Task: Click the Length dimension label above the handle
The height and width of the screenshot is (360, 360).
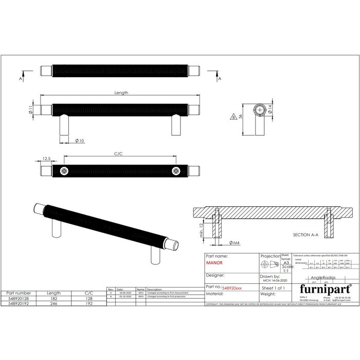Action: click(121, 93)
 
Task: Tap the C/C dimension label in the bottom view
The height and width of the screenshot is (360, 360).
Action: click(120, 153)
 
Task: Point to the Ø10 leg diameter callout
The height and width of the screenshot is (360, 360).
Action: click(80, 140)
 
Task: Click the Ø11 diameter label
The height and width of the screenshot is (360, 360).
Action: click(31, 110)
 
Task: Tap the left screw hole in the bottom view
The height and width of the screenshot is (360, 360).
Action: click(64, 171)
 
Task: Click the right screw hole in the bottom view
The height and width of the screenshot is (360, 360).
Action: click(176, 171)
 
